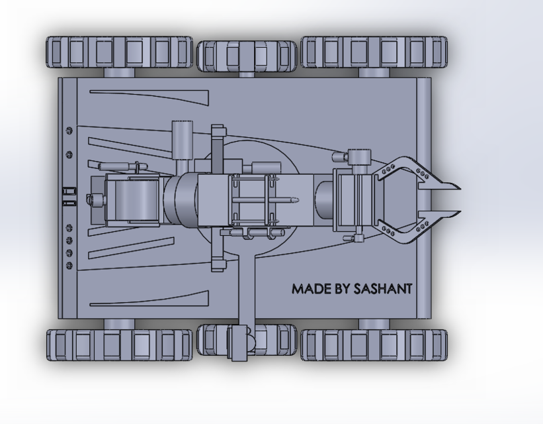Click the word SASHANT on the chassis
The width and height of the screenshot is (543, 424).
(383, 290)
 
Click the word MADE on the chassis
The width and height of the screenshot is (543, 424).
(312, 290)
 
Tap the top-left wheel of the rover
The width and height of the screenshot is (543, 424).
(119, 52)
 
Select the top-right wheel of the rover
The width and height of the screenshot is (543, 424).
(374, 52)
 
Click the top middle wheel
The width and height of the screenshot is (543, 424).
(247, 56)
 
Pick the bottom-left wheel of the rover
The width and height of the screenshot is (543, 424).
(119, 344)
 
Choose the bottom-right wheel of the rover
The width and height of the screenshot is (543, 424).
(374, 344)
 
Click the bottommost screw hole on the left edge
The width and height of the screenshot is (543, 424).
(70, 265)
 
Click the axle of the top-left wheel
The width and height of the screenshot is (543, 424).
(119, 72)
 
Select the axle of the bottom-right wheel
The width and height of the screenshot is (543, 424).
(374, 323)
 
